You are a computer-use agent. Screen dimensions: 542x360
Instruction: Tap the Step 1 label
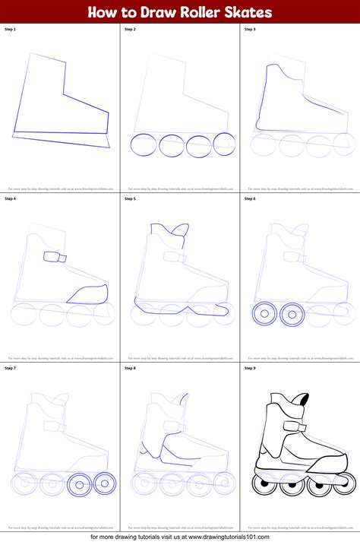(10, 29)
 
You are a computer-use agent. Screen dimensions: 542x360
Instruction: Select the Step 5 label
(130, 198)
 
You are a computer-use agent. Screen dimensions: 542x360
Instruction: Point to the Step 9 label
(250, 368)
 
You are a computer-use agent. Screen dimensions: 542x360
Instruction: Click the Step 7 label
(10, 368)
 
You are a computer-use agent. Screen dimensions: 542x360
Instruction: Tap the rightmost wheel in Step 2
(224, 144)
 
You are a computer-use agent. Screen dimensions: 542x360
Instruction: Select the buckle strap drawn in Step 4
(55, 257)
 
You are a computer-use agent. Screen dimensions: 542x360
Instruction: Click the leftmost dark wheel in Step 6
(262, 313)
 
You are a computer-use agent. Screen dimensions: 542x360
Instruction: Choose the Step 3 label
(250, 29)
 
